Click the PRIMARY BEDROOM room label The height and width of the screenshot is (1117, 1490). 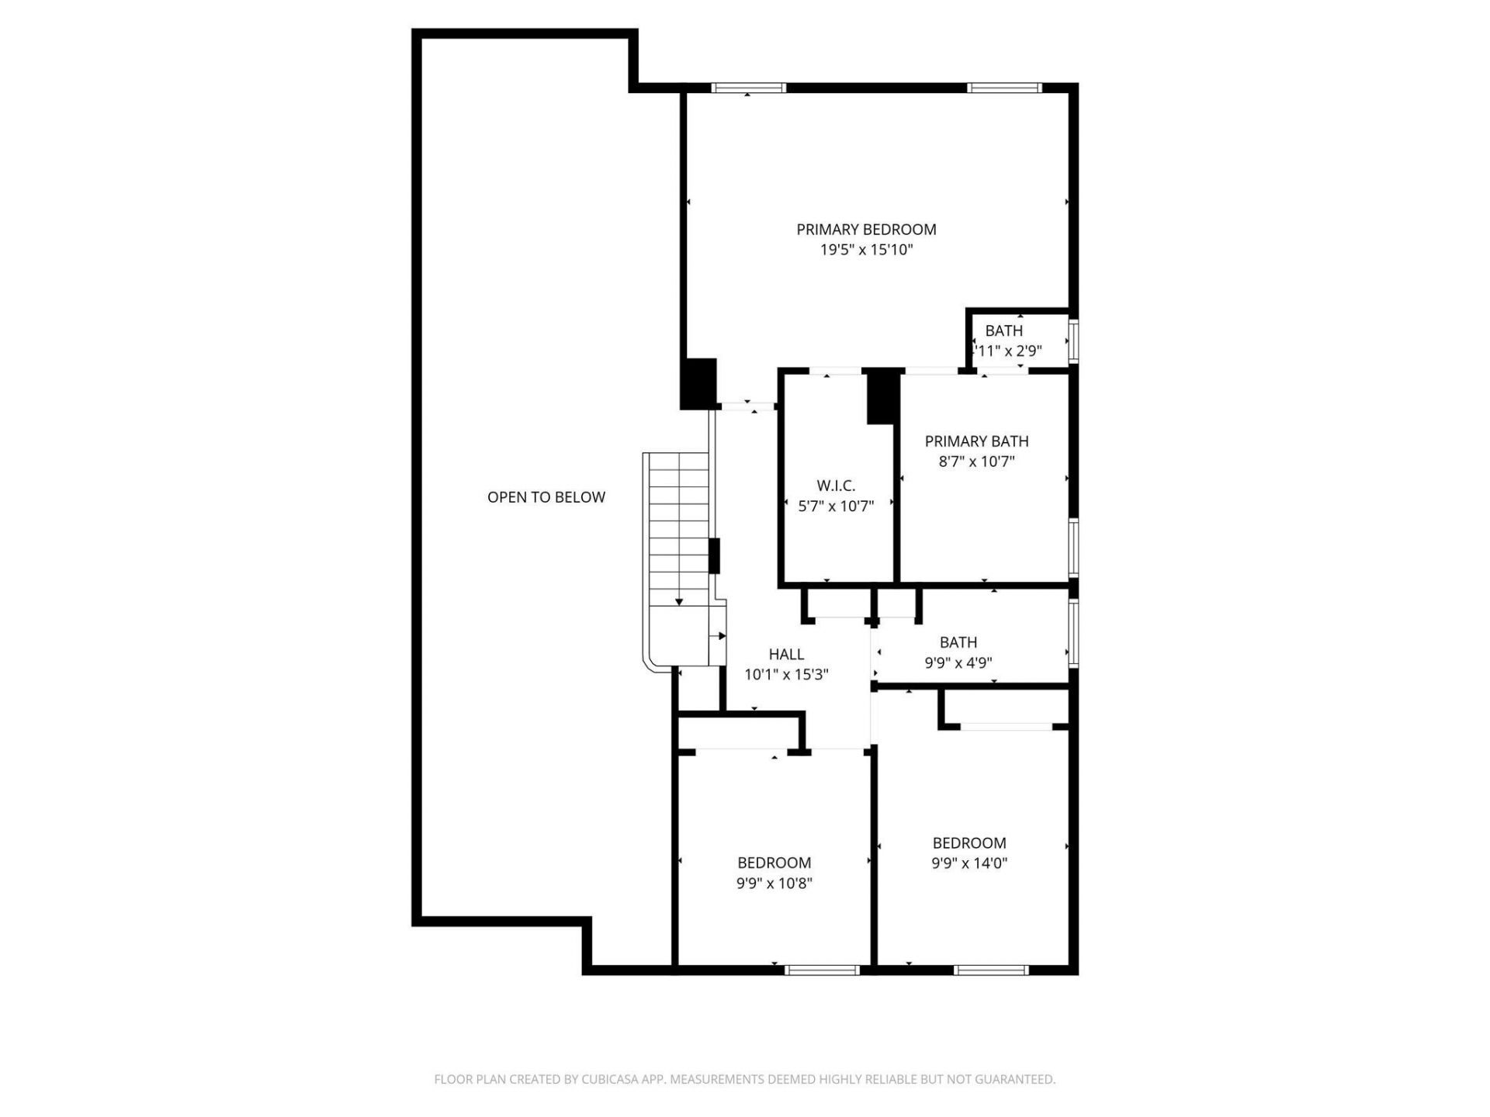pos(866,230)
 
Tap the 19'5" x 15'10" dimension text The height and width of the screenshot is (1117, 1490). pos(866,250)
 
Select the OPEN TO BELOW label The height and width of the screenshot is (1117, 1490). pos(546,497)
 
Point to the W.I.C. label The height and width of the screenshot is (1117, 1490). pos(836,486)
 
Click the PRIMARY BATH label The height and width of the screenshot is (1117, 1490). pos(976,441)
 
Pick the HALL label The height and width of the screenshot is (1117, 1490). pos(786,655)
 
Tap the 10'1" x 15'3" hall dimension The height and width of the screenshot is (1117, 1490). pos(786,675)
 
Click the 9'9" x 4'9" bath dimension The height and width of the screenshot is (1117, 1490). pos(958,663)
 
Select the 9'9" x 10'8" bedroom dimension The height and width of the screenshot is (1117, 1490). pos(774,883)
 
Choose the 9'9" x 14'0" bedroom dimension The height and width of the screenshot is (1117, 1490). pos(969,863)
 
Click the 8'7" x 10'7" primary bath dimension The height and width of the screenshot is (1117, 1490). pos(976,462)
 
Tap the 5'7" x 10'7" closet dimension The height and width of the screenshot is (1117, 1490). pos(836,507)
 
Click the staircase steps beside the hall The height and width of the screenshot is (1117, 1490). pos(679,527)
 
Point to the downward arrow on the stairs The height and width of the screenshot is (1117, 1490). pos(679,600)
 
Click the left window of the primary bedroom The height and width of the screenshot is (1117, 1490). pos(749,88)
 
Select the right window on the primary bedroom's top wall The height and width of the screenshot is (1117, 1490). pos(1004,88)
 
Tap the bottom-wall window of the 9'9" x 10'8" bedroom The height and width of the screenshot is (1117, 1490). pos(822,970)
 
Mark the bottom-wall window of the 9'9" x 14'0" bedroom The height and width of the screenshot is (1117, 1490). pos(991,970)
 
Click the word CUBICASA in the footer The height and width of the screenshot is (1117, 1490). pos(608,1079)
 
